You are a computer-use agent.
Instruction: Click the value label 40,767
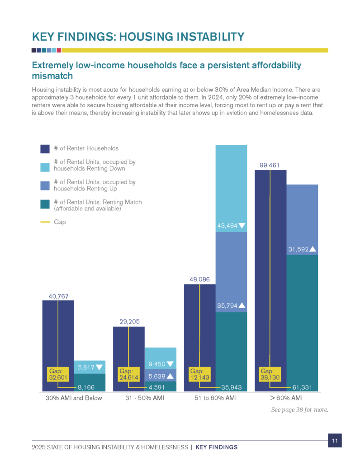(58, 296)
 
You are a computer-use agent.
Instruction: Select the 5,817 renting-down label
(90, 367)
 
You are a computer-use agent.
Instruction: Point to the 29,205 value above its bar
(128, 322)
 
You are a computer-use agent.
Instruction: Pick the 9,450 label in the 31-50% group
(161, 363)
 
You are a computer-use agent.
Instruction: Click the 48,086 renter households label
(199, 280)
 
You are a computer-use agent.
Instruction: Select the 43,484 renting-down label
(232, 225)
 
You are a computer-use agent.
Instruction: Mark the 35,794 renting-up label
(232, 305)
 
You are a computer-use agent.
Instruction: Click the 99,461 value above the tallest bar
(270, 165)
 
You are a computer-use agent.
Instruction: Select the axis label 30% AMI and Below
(74, 398)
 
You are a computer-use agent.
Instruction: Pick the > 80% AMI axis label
(286, 398)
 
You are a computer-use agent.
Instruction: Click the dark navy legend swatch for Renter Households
(45, 149)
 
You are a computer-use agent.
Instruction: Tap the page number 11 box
(335, 440)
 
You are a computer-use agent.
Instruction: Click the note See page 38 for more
(299, 410)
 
